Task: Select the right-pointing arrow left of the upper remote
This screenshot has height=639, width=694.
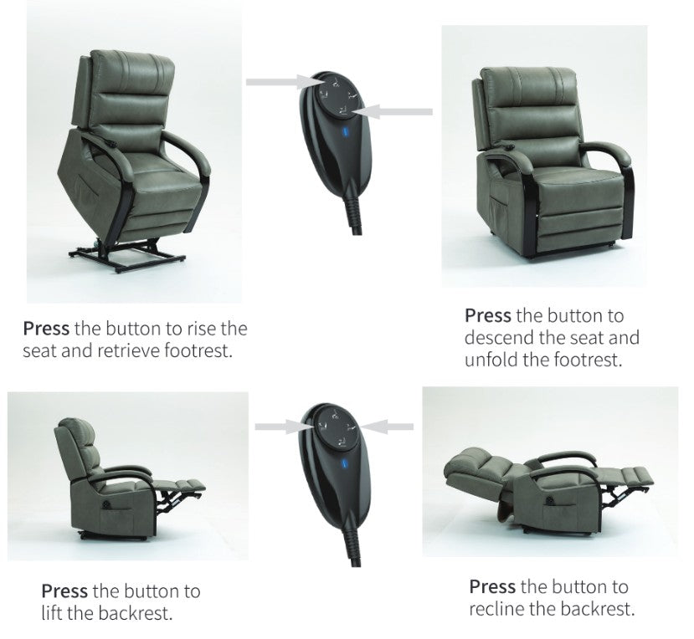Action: [x=279, y=82]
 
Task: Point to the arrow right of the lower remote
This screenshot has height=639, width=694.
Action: [x=391, y=427]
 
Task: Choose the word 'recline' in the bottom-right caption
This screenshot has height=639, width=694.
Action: [x=500, y=608]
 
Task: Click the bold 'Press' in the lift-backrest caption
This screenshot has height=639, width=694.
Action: [x=65, y=591]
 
